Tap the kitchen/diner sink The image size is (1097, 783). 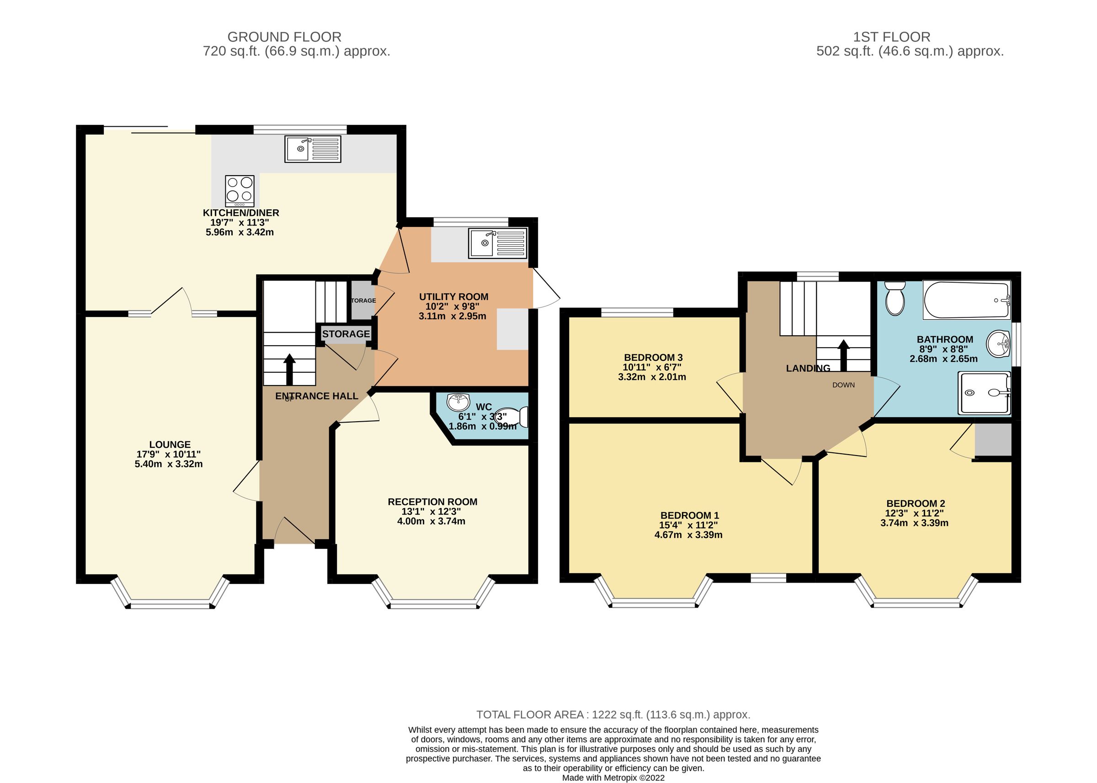point(312,149)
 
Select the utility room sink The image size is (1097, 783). point(498,243)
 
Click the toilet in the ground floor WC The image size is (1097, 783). point(513,417)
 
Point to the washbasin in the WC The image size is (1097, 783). point(458,401)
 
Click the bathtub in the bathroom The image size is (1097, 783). point(966,300)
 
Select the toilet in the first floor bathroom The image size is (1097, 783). point(895,299)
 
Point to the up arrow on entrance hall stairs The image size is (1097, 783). point(289,369)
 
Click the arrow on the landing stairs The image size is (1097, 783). point(843,355)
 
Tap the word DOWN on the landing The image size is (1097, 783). point(843,385)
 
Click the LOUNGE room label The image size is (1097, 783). point(170,445)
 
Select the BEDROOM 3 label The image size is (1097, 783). point(653,358)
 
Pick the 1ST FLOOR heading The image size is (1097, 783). point(891,37)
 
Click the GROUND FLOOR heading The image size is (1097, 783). point(284,37)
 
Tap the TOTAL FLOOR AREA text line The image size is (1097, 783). point(613,714)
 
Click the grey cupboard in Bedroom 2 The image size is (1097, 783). point(992,440)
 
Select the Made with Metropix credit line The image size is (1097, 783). point(613,778)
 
